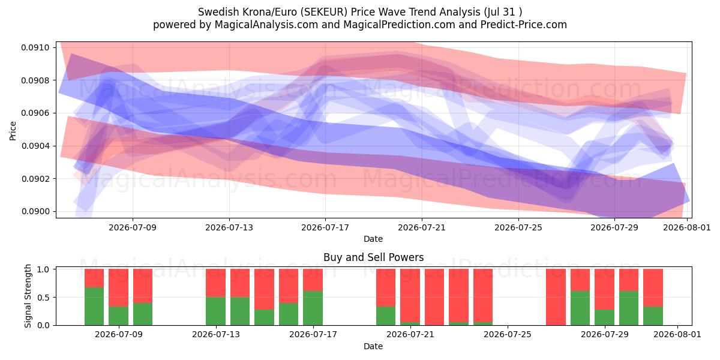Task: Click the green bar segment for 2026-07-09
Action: (119, 316)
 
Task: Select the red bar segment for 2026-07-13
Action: (215, 283)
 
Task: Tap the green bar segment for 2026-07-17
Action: (313, 308)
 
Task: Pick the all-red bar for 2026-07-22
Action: (434, 297)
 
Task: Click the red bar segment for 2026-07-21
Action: (410, 295)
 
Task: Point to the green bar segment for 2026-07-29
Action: (604, 317)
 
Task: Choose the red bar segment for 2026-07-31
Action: (653, 287)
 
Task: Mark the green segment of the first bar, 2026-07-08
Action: (94, 307)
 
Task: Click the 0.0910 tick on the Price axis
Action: (35, 47)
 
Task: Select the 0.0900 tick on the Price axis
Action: (35, 211)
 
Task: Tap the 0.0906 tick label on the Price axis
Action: (35, 113)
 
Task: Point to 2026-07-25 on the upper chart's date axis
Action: (518, 227)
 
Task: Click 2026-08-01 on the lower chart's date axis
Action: (677, 335)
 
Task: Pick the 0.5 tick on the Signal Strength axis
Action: (43, 298)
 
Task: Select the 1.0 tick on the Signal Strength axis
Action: (43, 269)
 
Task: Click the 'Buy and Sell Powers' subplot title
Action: (373, 257)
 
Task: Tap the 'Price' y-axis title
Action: (13, 131)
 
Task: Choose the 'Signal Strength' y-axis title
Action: (28, 296)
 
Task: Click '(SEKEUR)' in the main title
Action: (325, 12)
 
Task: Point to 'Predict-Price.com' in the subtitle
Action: (524, 25)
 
